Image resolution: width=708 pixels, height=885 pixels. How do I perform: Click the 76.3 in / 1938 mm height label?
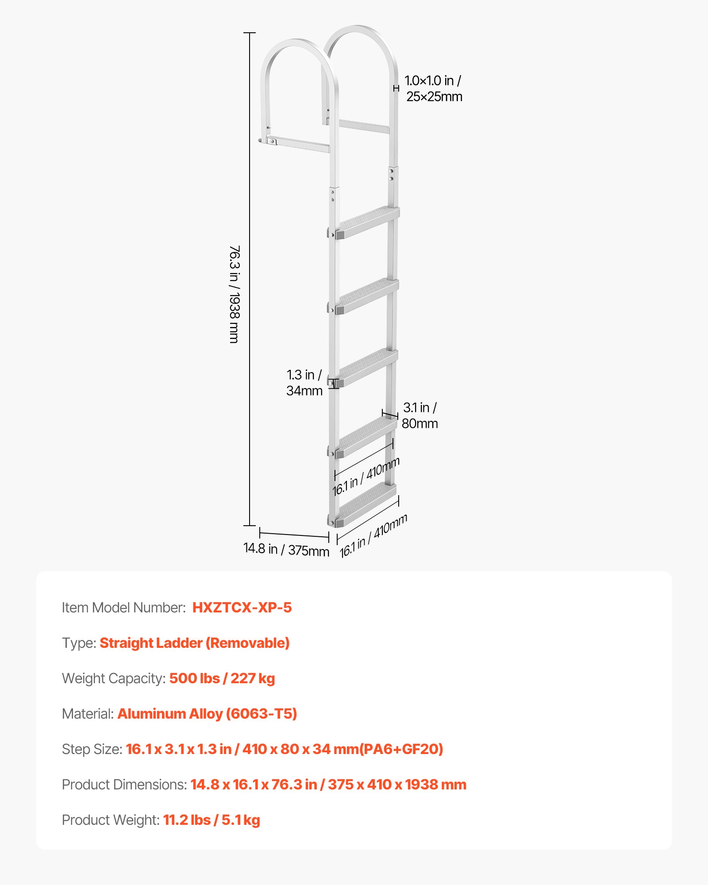tap(235, 294)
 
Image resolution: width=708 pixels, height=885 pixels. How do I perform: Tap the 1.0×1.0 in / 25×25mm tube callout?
tap(433, 88)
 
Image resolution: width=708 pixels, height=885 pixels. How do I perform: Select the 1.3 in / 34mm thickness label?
tap(304, 383)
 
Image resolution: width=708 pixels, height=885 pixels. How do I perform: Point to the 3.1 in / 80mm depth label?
tap(419, 416)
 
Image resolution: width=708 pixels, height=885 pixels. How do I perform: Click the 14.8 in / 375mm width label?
tap(286, 550)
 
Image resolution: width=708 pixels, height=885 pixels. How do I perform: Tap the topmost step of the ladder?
tap(367, 222)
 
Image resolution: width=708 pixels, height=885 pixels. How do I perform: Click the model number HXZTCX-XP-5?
tap(242, 608)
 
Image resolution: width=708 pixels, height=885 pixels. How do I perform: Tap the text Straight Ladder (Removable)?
tap(195, 643)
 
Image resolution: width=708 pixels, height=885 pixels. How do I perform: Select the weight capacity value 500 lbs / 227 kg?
tap(222, 678)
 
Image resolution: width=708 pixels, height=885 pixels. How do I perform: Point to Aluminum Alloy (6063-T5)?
tap(207, 714)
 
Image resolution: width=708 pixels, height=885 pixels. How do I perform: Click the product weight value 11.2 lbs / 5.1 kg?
tap(212, 820)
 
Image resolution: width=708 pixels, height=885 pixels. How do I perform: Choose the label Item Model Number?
tap(123, 608)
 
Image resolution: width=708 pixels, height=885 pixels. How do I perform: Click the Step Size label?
tap(92, 749)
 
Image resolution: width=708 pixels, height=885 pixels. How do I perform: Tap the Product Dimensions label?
tap(124, 785)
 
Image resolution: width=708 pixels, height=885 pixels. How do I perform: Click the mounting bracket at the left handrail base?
tap(271, 141)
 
